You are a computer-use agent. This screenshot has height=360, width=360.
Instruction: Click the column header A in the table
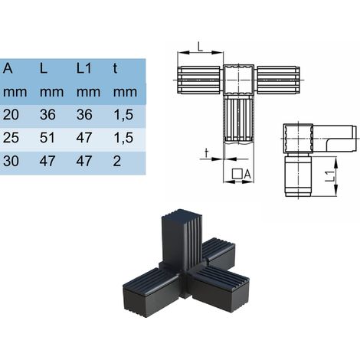point(8,68)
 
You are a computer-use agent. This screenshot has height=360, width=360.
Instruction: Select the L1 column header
point(84,68)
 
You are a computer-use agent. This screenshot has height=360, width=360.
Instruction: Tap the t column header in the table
point(115,68)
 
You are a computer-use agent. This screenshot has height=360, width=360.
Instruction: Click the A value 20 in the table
point(11,115)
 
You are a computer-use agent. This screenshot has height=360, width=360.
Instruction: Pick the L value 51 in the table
point(47,138)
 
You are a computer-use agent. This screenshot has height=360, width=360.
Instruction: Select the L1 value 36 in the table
point(84,115)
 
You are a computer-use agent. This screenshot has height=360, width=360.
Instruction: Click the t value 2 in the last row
point(117,161)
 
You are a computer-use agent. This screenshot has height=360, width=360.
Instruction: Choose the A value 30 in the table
point(11,161)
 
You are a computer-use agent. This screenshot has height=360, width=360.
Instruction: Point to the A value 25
point(11,138)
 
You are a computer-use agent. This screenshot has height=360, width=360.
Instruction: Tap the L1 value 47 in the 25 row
point(84,138)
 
